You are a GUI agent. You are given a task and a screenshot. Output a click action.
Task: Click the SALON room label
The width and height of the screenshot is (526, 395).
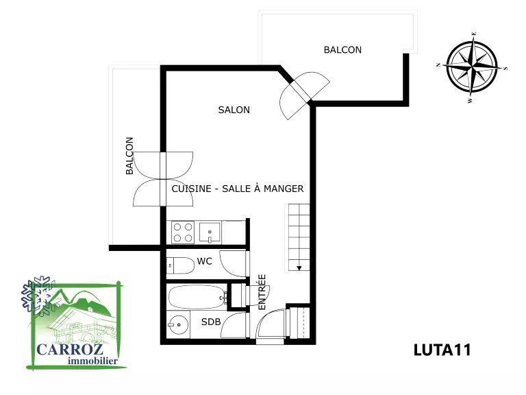point(234,110)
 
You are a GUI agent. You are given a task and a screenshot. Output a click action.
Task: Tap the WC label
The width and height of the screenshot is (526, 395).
point(204,261)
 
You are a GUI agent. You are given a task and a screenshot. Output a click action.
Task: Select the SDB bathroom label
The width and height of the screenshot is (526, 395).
point(211,322)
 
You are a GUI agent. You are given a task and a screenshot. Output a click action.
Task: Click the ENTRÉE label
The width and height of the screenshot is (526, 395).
point(262,292)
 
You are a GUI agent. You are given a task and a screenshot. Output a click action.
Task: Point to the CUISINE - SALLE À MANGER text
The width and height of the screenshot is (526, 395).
point(238,189)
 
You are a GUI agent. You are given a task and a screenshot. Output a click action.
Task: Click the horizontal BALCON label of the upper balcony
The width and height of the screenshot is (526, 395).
point(342,49)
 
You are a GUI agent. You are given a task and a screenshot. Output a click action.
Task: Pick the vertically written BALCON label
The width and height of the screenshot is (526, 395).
point(129,156)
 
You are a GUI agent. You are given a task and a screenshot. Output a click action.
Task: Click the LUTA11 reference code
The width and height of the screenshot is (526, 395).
point(442,350)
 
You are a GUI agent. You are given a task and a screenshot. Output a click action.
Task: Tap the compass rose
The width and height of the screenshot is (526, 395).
point(472,67)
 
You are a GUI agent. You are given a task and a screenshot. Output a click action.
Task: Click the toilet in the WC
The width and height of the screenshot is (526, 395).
point(181,265)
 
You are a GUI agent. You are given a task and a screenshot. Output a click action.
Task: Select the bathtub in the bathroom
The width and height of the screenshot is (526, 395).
point(198,297)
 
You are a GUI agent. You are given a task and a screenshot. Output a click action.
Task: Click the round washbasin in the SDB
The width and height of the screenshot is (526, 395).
point(179,325)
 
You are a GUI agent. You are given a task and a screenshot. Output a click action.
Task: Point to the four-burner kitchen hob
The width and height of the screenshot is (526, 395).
point(183,232)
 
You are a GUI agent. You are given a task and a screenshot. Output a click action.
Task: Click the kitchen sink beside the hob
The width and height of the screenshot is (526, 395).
point(210,232)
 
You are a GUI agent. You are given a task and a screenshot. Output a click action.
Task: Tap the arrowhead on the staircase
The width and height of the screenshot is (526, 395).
point(299,268)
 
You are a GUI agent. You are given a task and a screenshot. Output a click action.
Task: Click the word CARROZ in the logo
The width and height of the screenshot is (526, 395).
point(70,349)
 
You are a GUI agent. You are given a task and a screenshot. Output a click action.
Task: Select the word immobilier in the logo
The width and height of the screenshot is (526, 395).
point(92,361)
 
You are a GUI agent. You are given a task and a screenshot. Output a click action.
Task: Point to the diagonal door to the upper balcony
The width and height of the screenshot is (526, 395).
point(300,91)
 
